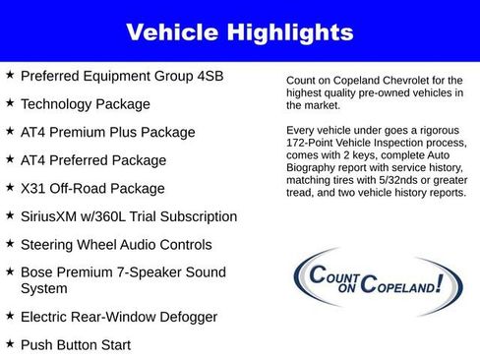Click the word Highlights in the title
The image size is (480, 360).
(291, 32)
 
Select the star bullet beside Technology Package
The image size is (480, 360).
(10, 103)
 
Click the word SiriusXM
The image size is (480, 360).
(53, 216)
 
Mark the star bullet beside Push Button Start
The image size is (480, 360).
(10, 344)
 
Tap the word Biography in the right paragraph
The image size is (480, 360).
(317, 168)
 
